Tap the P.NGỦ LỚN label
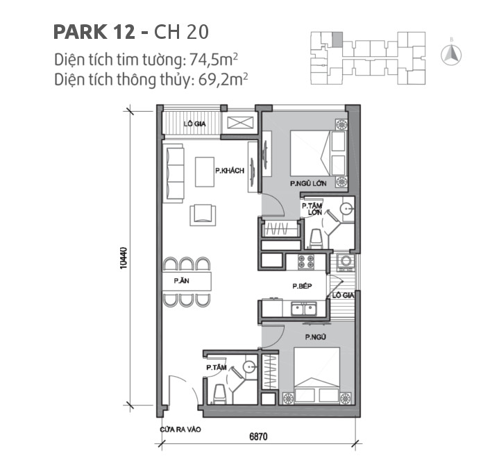click(x=308, y=185)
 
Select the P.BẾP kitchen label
click(x=300, y=286)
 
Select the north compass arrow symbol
click(x=452, y=52)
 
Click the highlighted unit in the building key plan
click(x=337, y=40)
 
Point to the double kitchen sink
click(x=304, y=309)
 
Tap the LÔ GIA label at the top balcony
click(x=194, y=124)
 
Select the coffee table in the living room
click(x=205, y=172)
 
